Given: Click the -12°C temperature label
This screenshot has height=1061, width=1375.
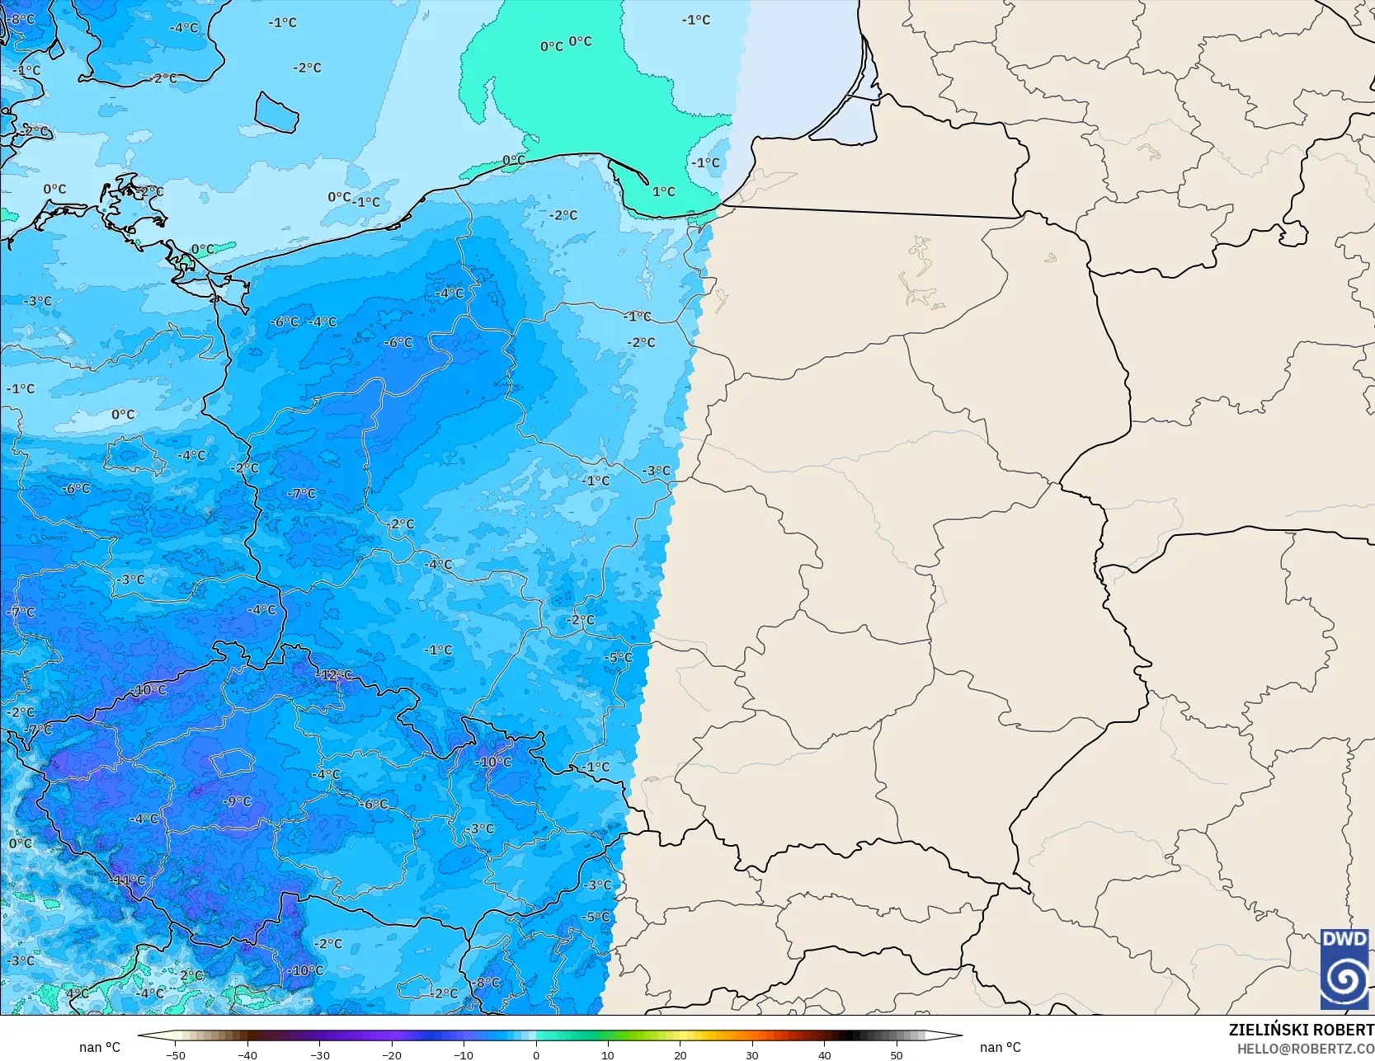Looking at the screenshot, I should pyautogui.click(x=336, y=675).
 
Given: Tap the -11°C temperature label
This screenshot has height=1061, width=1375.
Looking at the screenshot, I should pyautogui.click(x=129, y=880).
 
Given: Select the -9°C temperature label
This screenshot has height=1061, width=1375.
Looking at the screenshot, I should pyautogui.click(x=238, y=801).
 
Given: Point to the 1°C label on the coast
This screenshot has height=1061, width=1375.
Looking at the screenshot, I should pyautogui.click(x=664, y=191).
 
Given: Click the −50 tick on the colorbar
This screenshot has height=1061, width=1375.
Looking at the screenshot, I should pyautogui.click(x=176, y=1054).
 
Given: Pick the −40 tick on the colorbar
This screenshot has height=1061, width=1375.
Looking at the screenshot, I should pyautogui.click(x=247, y=1054).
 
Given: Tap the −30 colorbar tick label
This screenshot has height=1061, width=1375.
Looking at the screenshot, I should pyautogui.click(x=320, y=1054).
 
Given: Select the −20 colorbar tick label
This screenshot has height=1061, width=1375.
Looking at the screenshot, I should pyautogui.click(x=392, y=1054).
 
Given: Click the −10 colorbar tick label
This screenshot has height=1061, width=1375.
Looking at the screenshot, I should pyautogui.click(x=464, y=1054).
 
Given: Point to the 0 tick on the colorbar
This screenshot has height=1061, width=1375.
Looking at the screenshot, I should pyautogui.click(x=536, y=1054).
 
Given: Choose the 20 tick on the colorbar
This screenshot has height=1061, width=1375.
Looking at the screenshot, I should pyautogui.click(x=680, y=1054).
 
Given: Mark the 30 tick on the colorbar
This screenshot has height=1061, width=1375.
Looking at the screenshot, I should pyautogui.click(x=752, y=1054).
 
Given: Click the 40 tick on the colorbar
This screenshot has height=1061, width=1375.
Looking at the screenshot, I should pyautogui.click(x=824, y=1054).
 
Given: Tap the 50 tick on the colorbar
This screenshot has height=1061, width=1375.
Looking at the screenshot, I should pyautogui.click(x=897, y=1054).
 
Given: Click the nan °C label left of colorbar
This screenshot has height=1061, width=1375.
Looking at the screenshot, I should pyautogui.click(x=100, y=1047).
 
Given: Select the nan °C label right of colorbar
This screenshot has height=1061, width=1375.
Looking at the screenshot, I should pyautogui.click(x=1001, y=1047).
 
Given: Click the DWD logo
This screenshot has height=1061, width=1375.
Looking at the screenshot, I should pyautogui.click(x=1344, y=969).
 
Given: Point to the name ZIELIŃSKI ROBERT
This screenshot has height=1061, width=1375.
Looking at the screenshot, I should pyautogui.click(x=1301, y=1030).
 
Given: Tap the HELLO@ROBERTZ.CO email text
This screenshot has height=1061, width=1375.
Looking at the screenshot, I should pyautogui.click(x=1305, y=1048).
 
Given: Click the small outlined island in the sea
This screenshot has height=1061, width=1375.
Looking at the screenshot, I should pyautogui.click(x=275, y=112).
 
